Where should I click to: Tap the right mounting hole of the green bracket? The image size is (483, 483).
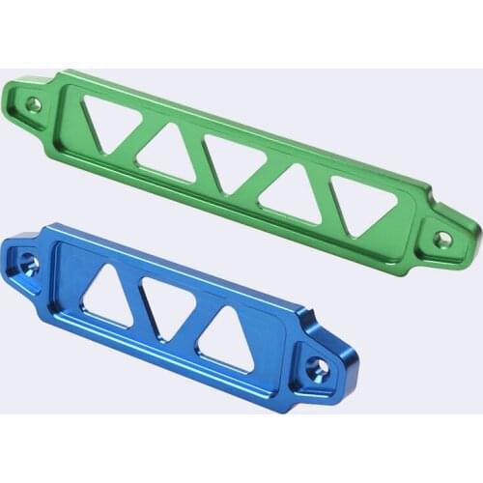441,237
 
